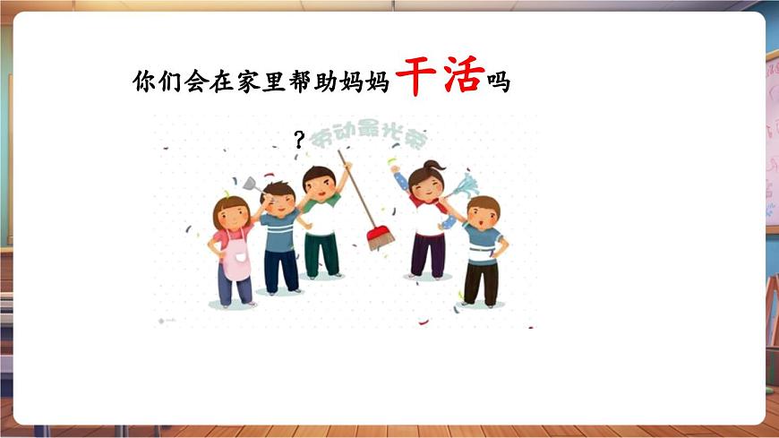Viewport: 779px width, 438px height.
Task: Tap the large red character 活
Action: point(460,77)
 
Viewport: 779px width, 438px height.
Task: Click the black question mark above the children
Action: point(299,139)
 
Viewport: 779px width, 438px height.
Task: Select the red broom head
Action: point(381,237)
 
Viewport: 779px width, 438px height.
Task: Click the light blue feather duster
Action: point(463,186)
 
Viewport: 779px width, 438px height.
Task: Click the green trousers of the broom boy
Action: point(321,253)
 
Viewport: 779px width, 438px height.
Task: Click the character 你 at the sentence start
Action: point(143,82)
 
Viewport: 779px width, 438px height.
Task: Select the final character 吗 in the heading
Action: point(498,82)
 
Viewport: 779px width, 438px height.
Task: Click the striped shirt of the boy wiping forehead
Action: point(280,230)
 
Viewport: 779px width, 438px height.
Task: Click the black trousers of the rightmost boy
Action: point(481,281)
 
